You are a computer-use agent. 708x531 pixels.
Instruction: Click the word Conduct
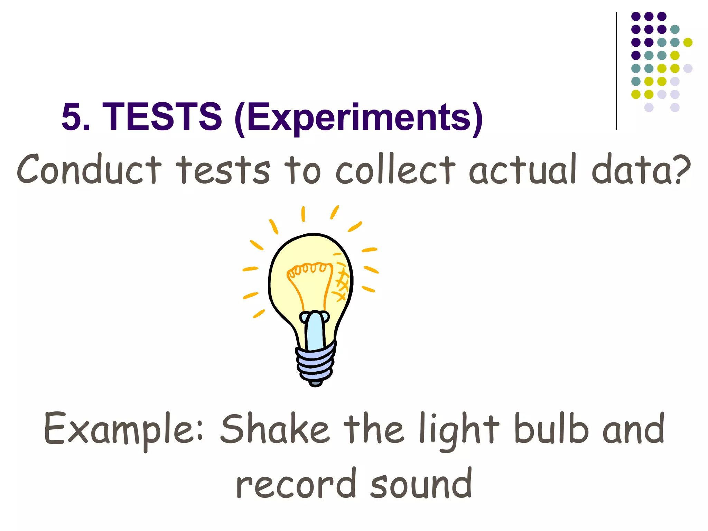(x=89, y=169)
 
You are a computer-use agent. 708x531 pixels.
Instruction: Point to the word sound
(x=421, y=484)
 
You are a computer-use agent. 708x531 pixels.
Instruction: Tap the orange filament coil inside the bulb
(x=308, y=269)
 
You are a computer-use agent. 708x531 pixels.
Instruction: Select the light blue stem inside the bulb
(x=315, y=330)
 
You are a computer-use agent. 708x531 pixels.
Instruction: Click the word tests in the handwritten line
(x=223, y=169)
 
